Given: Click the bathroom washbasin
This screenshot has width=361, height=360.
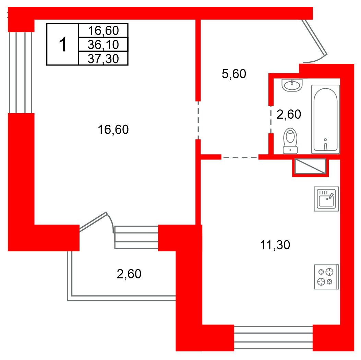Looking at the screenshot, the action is point(292,85).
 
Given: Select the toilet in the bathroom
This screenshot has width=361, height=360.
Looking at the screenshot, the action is point(290,141).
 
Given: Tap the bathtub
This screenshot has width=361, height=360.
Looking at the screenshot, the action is point(325,119).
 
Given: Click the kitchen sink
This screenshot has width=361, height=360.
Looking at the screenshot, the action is point(326,199).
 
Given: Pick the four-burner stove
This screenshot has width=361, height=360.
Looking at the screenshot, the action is point(326,277).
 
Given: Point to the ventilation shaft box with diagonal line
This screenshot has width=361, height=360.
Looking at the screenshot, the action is point(310,166).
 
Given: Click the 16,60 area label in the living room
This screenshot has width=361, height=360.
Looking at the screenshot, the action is point(113,130).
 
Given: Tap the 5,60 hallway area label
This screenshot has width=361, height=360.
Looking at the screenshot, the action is point(234,74).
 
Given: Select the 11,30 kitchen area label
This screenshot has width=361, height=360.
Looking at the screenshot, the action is point(275,245).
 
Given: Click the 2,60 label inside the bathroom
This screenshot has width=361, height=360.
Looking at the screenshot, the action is point(289,115).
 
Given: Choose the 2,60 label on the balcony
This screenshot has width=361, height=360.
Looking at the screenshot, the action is point(129,274).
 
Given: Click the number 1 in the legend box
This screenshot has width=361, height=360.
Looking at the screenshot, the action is point(63,45).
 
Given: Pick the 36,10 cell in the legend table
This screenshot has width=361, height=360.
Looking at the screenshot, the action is point(103,45).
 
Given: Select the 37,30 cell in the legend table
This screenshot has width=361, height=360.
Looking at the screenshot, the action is point(103,59).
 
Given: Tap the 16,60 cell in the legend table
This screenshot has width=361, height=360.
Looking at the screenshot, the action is point(103,31).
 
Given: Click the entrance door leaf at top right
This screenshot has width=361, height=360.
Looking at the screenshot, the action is point(314,37).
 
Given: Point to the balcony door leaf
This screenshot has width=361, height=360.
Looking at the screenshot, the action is point(93,222).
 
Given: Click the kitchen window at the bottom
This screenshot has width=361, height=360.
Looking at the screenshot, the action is point(273,337).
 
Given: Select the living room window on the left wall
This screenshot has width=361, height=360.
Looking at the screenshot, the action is point(21,72).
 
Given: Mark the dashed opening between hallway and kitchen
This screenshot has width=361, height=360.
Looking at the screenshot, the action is point(240,157).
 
